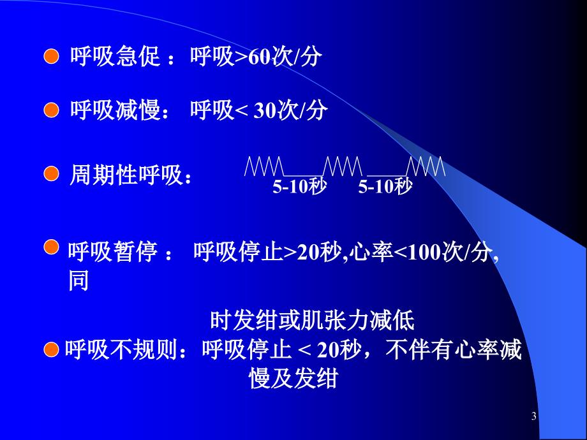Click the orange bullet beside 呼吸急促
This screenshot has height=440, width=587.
[x=51, y=57]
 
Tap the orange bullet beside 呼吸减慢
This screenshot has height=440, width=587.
[x=51, y=110]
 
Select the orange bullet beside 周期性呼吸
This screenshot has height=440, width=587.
[x=51, y=174]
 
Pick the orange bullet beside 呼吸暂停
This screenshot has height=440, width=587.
[x=51, y=247]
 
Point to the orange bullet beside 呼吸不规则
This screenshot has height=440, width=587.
[x=51, y=350]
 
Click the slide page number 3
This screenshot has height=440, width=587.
[x=534, y=416]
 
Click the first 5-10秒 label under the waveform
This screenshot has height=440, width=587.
[x=299, y=186]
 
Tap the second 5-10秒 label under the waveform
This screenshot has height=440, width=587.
[x=385, y=186]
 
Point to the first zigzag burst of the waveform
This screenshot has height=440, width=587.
[x=264, y=166]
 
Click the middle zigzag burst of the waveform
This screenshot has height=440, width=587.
[x=343, y=166]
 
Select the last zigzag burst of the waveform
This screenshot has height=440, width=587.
[x=426, y=166]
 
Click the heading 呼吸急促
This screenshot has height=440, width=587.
[x=115, y=57]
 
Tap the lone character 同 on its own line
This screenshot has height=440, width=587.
[x=78, y=281]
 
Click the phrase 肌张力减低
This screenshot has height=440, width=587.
[x=359, y=320]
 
